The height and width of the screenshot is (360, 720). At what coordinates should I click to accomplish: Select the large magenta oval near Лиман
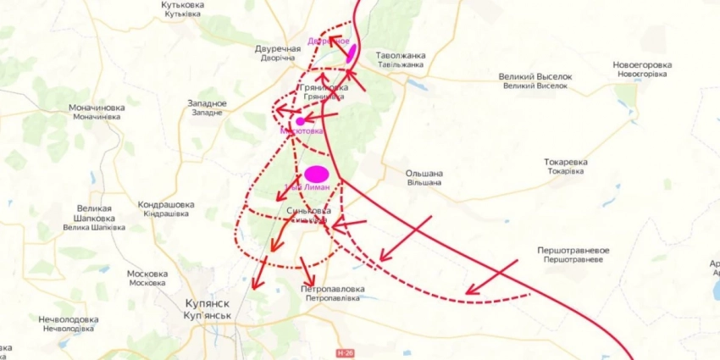316,174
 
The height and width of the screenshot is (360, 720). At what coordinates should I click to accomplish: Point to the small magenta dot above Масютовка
300,121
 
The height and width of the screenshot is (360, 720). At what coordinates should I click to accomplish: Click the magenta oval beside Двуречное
351,53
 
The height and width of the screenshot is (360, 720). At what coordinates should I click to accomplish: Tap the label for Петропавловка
332,293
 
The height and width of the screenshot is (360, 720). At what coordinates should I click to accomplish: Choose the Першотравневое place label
573,255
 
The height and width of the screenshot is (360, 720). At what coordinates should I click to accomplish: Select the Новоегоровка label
642,69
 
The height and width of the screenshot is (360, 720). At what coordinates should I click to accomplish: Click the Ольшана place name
424,177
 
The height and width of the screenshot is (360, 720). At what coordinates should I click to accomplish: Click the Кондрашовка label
166,208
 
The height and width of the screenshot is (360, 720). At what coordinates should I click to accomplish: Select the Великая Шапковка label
94,217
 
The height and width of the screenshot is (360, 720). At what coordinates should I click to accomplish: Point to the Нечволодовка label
68,324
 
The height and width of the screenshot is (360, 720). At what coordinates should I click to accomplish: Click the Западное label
207,108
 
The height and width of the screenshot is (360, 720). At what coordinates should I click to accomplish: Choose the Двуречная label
279,53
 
